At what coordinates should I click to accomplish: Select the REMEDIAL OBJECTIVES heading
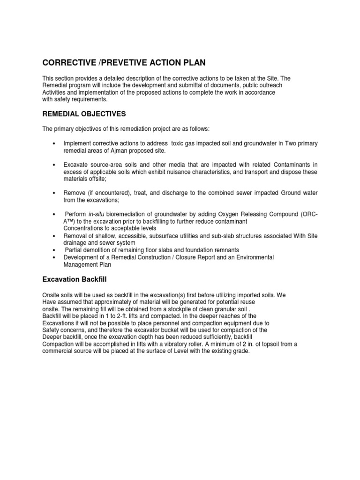click(84, 113)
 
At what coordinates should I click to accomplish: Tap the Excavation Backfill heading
click(75, 279)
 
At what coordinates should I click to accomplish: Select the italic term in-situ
click(97, 214)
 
